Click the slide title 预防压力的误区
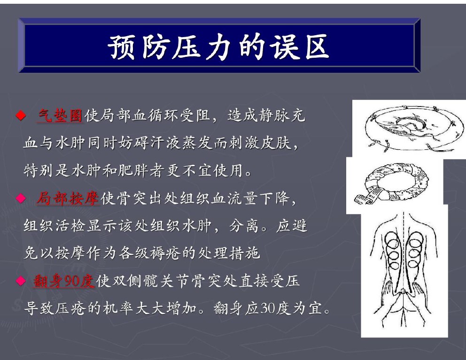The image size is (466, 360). pyautogui.click(x=219, y=46)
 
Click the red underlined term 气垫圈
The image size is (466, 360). pyautogui.click(x=60, y=115)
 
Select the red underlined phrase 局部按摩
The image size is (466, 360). pyautogui.click(x=68, y=198)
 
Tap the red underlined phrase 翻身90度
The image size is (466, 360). pyautogui.click(x=64, y=281)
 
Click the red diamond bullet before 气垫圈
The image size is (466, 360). pyautogui.click(x=21, y=115)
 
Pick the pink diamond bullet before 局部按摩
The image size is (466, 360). pyautogui.click(x=21, y=198)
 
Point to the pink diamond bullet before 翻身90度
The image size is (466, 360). pyautogui.click(x=21, y=281)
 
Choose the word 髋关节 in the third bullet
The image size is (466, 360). pyautogui.click(x=159, y=281)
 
